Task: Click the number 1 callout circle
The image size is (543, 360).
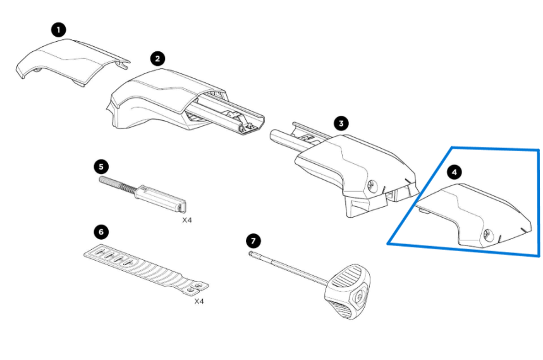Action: coord(59,30)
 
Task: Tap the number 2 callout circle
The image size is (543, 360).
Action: coord(157,59)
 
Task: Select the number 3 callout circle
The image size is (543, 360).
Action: coord(341,123)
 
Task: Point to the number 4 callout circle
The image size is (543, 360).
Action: coord(454,172)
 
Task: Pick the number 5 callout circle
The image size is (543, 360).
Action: coord(101,166)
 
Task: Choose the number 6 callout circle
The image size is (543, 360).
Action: coord(101,232)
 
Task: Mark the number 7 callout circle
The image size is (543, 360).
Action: coord(253,241)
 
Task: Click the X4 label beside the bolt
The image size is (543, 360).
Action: coord(187,220)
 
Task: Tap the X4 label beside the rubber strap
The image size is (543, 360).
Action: coord(199,301)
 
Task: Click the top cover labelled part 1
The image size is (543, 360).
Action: coord(73,61)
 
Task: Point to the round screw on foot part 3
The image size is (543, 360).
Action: coord(372,186)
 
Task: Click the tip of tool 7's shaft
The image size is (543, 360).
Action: coord(252,254)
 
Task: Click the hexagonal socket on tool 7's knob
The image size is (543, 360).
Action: coord(359,295)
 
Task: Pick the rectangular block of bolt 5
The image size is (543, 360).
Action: coord(161,199)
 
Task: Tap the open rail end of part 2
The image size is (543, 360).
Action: coord(251,125)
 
